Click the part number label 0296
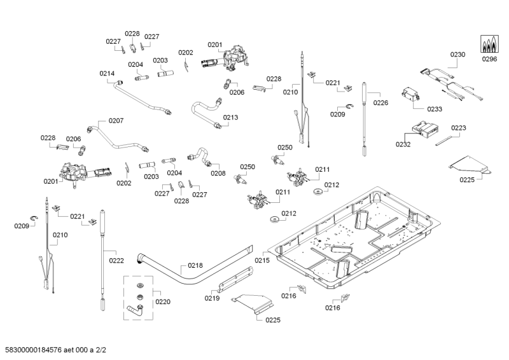489,59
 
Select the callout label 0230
457,55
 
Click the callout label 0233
435,109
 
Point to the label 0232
403,144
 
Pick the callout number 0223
458,128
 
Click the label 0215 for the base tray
263,260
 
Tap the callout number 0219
212,298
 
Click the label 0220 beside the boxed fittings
162,302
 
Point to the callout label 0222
116,260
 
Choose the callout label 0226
380,102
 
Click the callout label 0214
107,74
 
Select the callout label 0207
116,120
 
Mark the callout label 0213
230,117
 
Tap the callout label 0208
218,172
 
